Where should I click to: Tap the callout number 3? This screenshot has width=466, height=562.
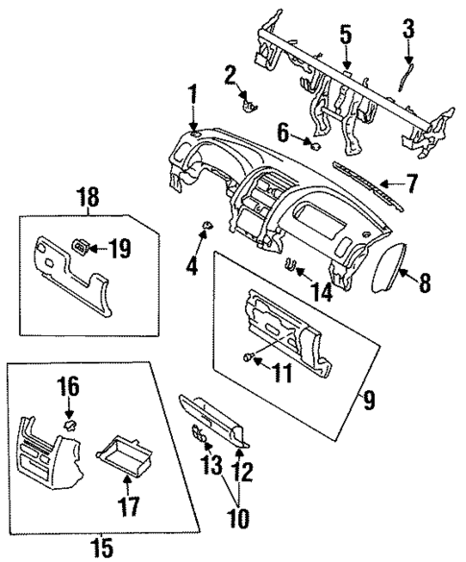[x=408, y=30]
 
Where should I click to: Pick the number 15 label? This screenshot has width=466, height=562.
[x=102, y=548]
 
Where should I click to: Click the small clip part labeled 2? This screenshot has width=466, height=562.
[x=249, y=103]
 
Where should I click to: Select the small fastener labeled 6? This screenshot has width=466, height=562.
[x=314, y=146]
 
